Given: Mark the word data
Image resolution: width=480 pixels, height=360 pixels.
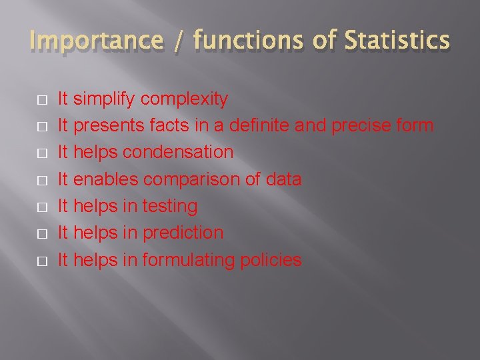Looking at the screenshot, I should pos(283,179).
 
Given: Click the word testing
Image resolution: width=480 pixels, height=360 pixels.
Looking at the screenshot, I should pos(169,207).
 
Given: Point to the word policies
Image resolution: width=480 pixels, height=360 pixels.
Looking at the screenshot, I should pos(273,260).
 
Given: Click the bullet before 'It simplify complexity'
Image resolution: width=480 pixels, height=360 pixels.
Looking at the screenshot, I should pos(42,100).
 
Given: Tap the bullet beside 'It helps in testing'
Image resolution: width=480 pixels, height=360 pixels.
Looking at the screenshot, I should pos(42,207).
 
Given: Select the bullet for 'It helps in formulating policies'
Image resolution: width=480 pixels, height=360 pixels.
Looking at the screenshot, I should pos(42,261).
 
